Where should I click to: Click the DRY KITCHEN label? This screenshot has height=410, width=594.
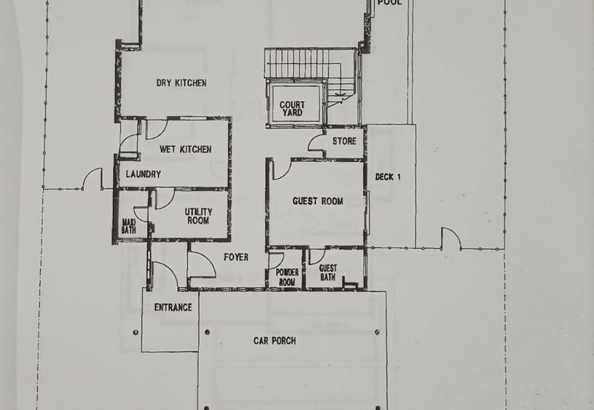tap(181, 82)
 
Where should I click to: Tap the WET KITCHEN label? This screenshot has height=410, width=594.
tap(185, 149)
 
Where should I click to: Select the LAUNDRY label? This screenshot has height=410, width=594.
tap(143, 175)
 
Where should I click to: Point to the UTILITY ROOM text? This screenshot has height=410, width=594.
tap(198, 216)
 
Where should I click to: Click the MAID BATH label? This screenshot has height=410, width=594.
tap(128, 226)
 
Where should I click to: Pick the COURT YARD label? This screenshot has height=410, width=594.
tap(292, 108)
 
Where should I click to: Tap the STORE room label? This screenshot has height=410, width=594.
tap(345, 141)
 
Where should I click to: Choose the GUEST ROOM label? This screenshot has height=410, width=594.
tap(318, 201)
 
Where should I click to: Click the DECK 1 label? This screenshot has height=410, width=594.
tap(388, 177)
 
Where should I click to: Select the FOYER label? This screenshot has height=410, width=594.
tap(236, 257)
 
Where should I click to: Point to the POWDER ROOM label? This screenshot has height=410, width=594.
tap(287, 277)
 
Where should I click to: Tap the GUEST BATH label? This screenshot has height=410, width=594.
tap(327, 273)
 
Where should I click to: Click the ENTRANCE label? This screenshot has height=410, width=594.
tap(173, 307)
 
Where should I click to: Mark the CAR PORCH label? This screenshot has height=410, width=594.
tap(275, 341)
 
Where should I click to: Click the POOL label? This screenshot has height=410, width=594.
tap(389, 3)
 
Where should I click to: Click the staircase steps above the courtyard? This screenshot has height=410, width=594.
tap(296, 63)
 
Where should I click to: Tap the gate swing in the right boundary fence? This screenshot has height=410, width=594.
tap(451, 238)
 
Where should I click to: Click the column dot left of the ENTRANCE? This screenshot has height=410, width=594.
tap(136, 333)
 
